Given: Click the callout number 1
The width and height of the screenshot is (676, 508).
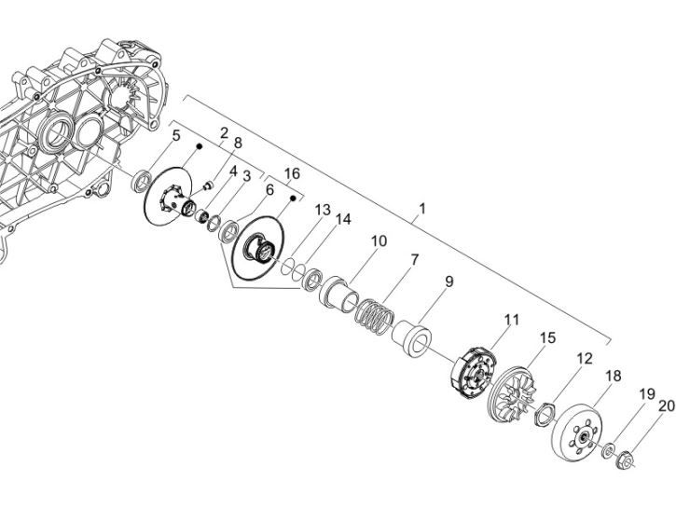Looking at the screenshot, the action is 422,209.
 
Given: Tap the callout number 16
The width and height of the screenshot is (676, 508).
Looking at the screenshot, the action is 292,173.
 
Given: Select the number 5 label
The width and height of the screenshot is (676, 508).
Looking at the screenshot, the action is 176,135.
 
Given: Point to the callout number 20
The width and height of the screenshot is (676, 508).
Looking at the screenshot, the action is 667,405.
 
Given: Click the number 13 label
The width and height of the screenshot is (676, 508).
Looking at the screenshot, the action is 322,211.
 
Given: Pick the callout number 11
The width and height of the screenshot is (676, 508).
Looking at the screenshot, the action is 512,320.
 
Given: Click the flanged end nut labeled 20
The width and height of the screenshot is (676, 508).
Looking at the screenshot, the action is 625,460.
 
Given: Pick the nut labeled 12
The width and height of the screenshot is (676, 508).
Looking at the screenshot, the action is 545,416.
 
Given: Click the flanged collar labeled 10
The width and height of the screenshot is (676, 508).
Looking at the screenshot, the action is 338,293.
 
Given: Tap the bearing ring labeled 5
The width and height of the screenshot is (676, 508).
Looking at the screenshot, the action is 142,180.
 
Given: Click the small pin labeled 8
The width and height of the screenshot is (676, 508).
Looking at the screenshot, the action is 208,186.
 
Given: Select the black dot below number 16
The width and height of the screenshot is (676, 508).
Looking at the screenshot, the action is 293,198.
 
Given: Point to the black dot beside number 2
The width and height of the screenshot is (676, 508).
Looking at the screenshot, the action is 200,146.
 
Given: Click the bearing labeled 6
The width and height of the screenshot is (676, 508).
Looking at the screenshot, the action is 228,231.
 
